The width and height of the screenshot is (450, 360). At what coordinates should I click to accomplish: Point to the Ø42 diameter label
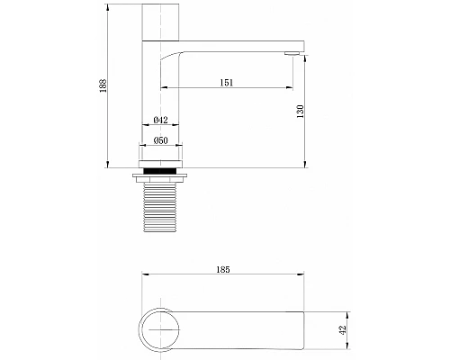pos(162,121)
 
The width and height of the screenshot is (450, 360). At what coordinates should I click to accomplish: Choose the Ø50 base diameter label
pos(162,140)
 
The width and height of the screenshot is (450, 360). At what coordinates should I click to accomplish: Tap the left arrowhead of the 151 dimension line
pos(163,88)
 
